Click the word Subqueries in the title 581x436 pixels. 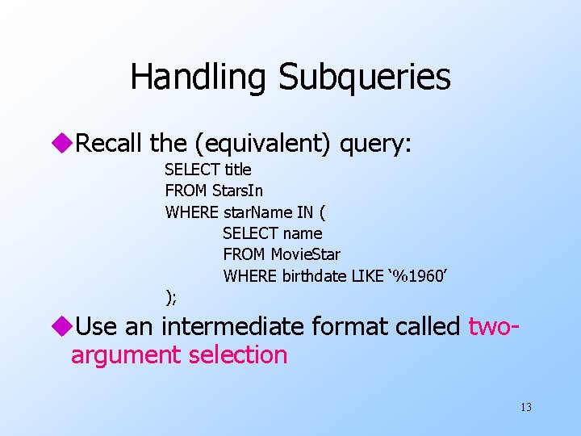tap(365, 78)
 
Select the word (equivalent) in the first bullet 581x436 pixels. tap(262, 144)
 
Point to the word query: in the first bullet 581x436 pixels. tap(377, 144)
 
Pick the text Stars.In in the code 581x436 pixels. tap(237, 191)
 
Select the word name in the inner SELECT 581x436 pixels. tap(302, 233)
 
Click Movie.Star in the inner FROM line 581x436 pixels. tap(306, 254)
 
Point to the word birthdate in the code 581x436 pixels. tap(315, 276)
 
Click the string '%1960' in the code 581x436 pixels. tap(419, 276)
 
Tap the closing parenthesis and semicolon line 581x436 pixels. tap(170, 297)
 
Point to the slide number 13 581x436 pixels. tap(526, 407)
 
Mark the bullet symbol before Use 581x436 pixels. tap(65, 327)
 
